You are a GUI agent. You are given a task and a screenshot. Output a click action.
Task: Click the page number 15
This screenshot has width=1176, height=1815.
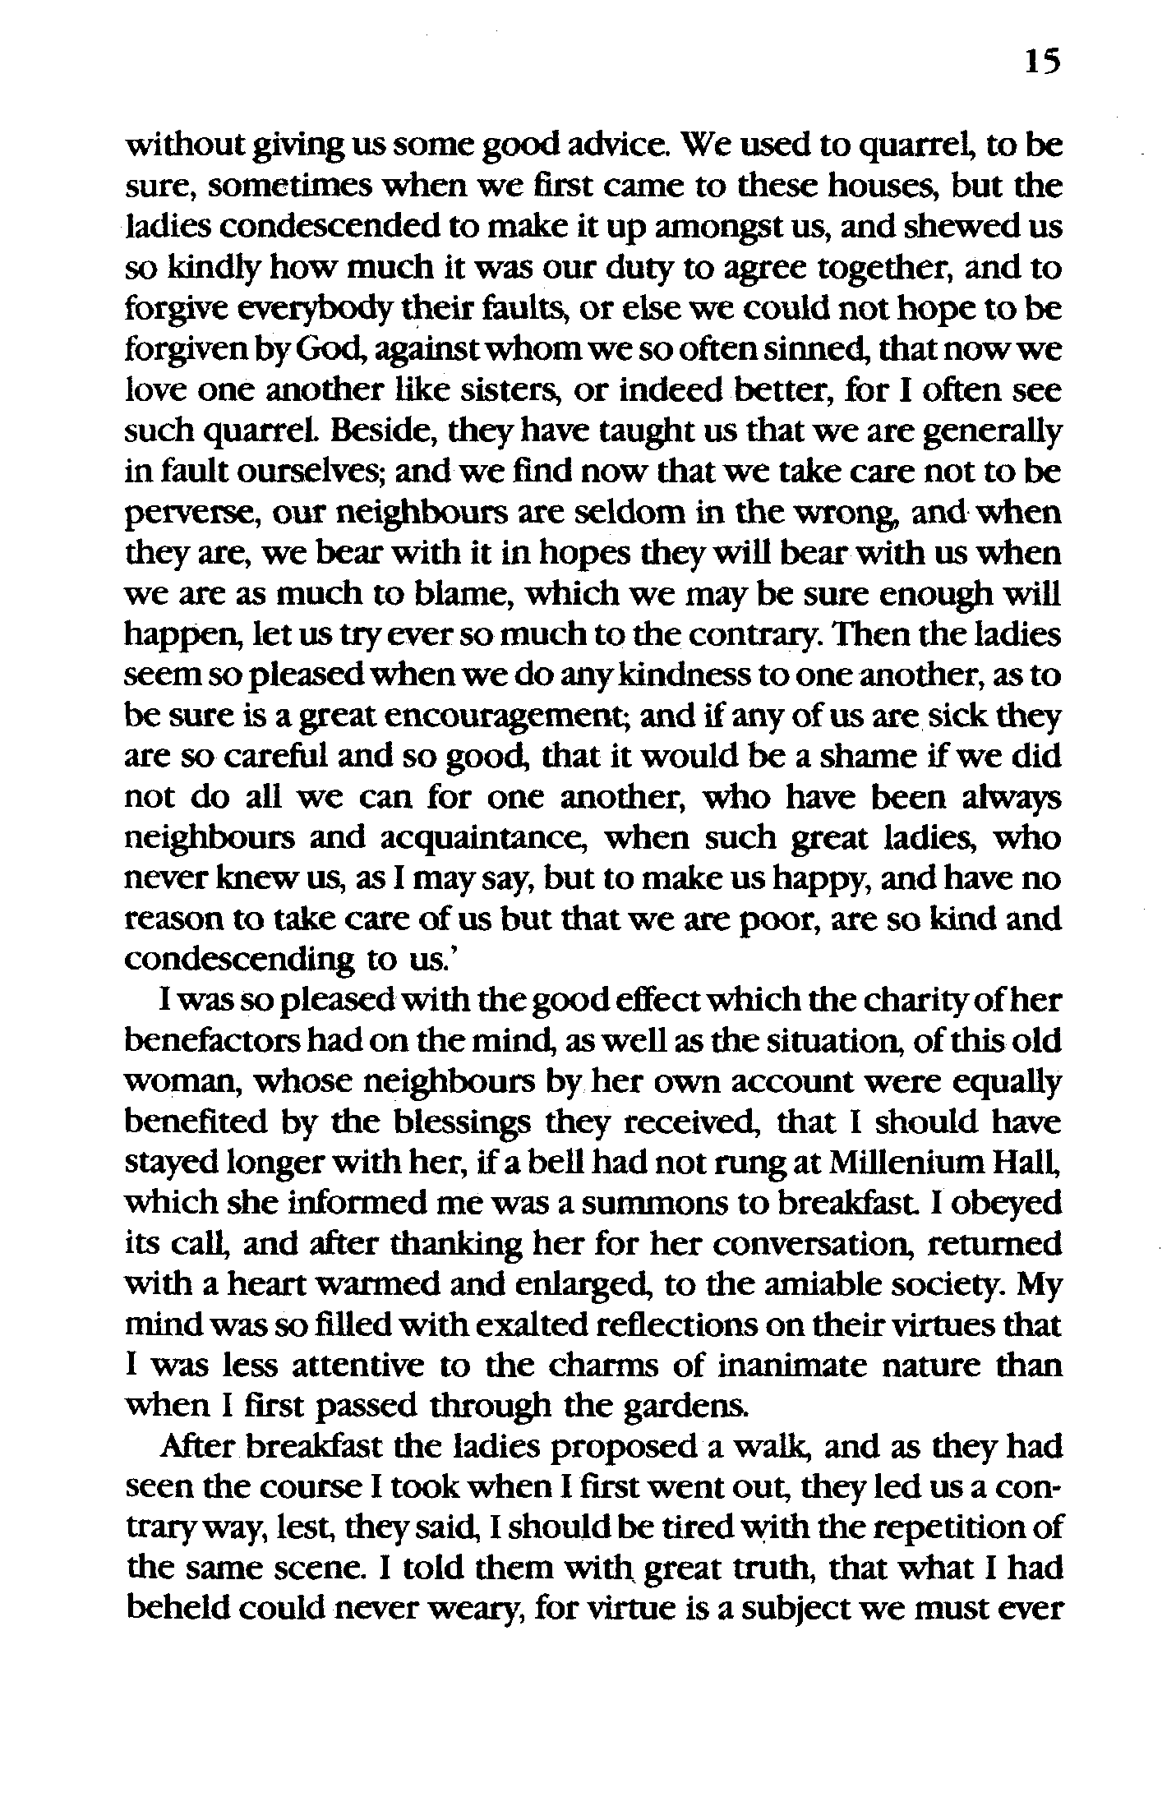pos(1042,62)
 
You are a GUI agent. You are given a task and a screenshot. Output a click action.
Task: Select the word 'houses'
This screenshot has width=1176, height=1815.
pos(879,187)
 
